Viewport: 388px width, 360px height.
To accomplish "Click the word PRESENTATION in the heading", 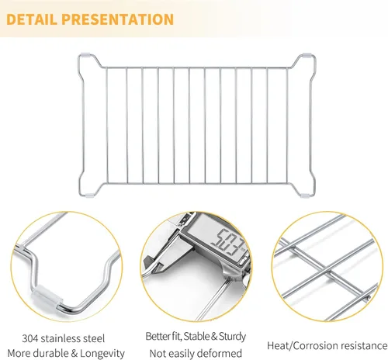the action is (x=117, y=19).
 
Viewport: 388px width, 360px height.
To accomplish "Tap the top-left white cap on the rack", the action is (x=85, y=55).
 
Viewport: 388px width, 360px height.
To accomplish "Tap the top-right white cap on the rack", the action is (x=307, y=55).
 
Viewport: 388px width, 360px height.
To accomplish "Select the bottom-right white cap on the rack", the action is (x=306, y=195).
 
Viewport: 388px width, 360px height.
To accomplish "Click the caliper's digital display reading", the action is (x=227, y=242).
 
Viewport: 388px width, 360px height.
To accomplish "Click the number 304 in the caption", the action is (x=30, y=338).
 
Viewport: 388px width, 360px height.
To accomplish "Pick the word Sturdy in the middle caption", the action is (x=232, y=337).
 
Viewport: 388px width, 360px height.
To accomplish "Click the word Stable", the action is (x=197, y=336).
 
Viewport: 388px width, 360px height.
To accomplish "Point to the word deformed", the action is (x=220, y=353).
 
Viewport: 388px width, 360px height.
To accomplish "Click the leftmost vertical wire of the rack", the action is (x=107, y=126).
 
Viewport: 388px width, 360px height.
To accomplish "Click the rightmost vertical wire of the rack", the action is (x=286, y=126).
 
